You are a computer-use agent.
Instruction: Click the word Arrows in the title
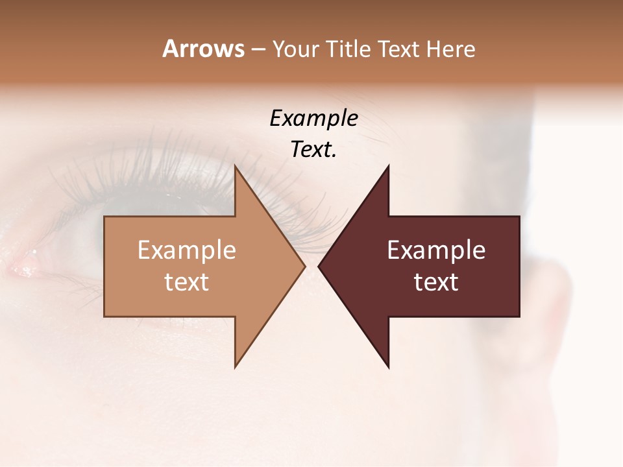point(202,49)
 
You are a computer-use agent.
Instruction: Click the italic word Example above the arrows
point(313,119)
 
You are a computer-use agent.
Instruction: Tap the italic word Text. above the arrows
point(313,150)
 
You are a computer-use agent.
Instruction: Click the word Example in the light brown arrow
point(186,250)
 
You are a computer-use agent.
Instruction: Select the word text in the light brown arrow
point(186,282)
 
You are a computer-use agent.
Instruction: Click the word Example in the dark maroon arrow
point(436,250)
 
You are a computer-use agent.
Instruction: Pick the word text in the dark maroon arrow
point(436,282)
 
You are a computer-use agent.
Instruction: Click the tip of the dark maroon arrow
point(320,267)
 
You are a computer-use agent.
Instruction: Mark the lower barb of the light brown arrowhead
point(236,364)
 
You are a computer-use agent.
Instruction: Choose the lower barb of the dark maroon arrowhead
point(387,364)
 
